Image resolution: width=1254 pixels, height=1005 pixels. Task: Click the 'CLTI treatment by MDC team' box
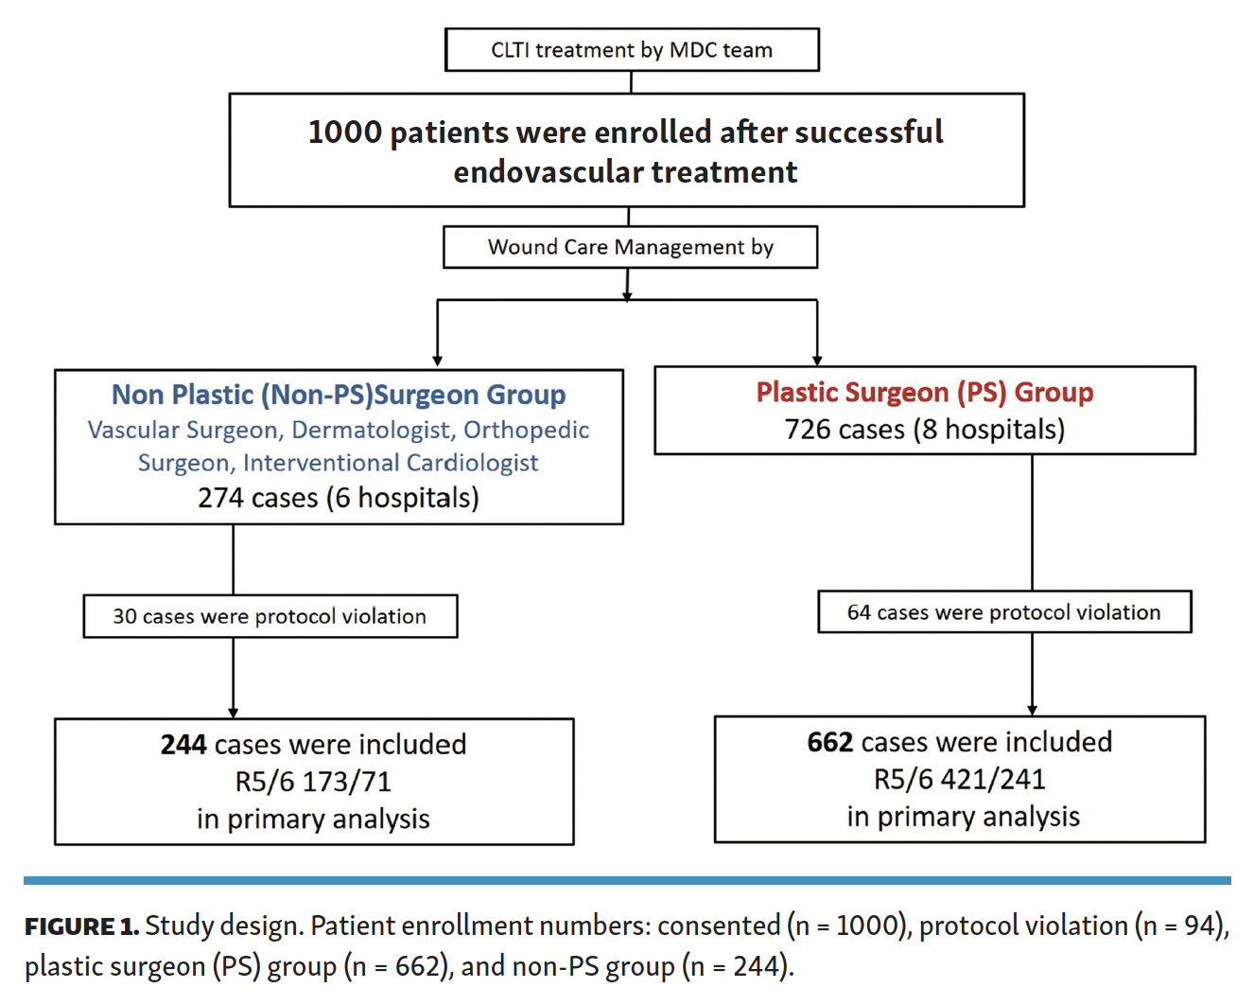(x=632, y=49)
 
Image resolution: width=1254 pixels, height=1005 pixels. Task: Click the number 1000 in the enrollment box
(x=344, y=132)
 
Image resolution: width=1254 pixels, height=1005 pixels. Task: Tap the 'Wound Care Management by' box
(x=631, y=247)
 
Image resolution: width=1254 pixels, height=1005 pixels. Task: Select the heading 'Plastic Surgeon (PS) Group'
(x=925, y=392)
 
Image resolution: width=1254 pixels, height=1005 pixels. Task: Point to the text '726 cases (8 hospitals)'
(x=925, y=430)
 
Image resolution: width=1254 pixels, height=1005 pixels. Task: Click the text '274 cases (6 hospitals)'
(x=338, y=498)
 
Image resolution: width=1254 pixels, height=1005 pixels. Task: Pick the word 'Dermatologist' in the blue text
(x=374, y=431)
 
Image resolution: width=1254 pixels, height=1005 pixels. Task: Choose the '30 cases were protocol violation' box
(x=270, y=616)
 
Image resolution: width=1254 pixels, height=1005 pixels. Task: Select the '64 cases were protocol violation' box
(x=1004, y=612)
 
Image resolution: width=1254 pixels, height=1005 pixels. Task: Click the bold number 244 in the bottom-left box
(x=183, y=745)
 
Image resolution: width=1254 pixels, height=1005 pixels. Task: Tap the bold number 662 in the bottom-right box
(x=829, y=743)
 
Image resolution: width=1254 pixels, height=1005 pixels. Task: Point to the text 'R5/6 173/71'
(x=314, y=782)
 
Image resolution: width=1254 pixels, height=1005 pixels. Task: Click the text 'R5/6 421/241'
(x=960, y=779)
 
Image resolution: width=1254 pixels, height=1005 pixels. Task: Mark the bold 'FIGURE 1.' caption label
(x=81, y=926)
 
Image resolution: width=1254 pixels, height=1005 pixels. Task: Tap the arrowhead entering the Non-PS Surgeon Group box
(x=437, y=361)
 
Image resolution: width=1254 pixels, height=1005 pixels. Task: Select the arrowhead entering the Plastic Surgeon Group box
(x=817, y=360)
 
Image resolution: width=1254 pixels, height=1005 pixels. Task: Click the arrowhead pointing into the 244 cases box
(x=233, y=713)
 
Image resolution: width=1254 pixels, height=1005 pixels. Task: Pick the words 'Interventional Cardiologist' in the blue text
(x=391, y=463)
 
